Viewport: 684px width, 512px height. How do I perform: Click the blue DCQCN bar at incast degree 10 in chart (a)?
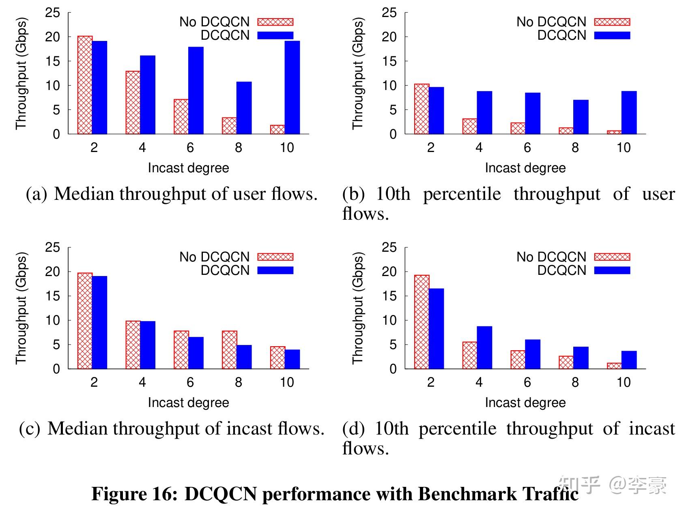(x=292, y=87)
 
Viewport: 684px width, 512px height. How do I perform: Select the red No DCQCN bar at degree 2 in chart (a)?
(x=85, y=85)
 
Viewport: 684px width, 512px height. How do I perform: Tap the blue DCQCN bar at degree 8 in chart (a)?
(x=244, y=108)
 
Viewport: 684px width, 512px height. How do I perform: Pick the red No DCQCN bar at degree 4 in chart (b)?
(x=470, y=126)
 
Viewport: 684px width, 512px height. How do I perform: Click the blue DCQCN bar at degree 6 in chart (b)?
(x=532, y=113)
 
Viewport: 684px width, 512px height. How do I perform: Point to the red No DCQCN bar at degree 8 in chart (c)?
(x=229, y=350)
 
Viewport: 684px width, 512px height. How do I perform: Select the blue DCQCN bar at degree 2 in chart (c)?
(x=99, y=322)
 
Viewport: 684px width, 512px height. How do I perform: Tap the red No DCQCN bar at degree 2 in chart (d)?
(x=422, y=322)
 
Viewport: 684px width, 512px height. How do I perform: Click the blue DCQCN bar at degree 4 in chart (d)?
(x=484, y=347)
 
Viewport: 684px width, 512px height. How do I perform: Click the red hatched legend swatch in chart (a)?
(x=275, y=22)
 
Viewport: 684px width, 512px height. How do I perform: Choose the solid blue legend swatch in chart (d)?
(x=612, y=270)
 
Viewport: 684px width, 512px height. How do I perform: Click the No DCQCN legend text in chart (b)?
(x=551, y=22)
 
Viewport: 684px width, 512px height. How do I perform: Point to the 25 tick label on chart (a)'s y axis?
(x=52, y=13)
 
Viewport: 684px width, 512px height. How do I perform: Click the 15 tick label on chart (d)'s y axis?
(x=389, y=296)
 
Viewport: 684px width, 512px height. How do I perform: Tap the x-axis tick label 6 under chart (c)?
(x=190, y=382)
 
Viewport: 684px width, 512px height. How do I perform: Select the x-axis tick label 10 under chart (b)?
(x=623, y=148)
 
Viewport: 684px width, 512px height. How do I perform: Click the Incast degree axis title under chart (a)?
(x=188, y=168)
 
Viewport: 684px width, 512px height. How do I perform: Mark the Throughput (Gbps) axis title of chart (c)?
(x=21, y=308)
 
